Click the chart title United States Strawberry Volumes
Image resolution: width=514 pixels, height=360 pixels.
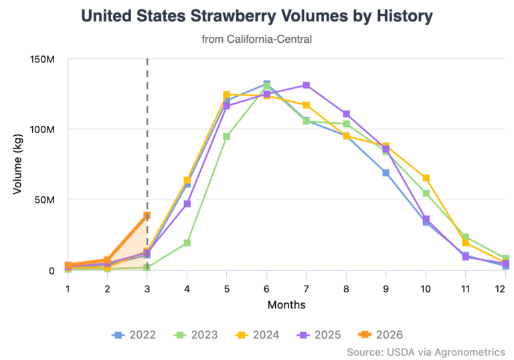[x=257, y=16]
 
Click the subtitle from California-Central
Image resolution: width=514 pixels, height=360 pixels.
[x=257, y=39]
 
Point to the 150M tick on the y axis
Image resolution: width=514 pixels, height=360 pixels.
[x=42, y=60]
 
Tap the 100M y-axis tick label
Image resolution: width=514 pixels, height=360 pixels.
[x=42, y=129]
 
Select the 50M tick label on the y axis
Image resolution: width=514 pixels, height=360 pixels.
[x=44, y=199]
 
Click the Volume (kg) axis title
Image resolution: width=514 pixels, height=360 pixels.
[x=18, y=165]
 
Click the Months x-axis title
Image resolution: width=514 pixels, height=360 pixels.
[x=286, y=305]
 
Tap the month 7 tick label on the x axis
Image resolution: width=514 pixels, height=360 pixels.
[x=306, y=288]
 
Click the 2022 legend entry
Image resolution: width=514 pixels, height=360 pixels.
[x=137, y=334]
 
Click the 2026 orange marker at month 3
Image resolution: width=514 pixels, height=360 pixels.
[x=147, y=215]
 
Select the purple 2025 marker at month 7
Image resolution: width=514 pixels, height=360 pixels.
[x=306, y=85]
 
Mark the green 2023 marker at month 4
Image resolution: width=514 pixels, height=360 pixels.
[x=187, y=243]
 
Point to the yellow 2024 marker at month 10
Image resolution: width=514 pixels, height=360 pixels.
[x=426, y=178]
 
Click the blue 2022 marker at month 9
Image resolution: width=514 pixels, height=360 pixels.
[x=386, y=173]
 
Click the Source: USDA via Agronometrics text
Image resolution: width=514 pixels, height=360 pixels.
[x=426, y=351]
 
